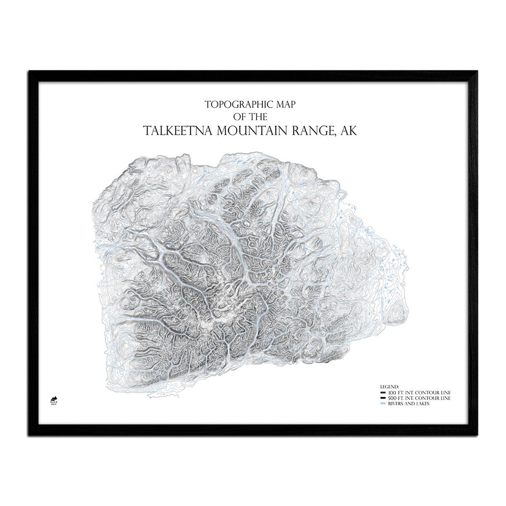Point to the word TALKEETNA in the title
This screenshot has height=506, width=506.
(x=178, y=131)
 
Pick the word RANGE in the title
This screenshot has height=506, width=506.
(x=315, y=131)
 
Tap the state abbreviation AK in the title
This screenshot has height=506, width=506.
(x=349, y=131)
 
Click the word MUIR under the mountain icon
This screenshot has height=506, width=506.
(x=54, y=402)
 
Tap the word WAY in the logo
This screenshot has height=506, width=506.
(x=54, y=405)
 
